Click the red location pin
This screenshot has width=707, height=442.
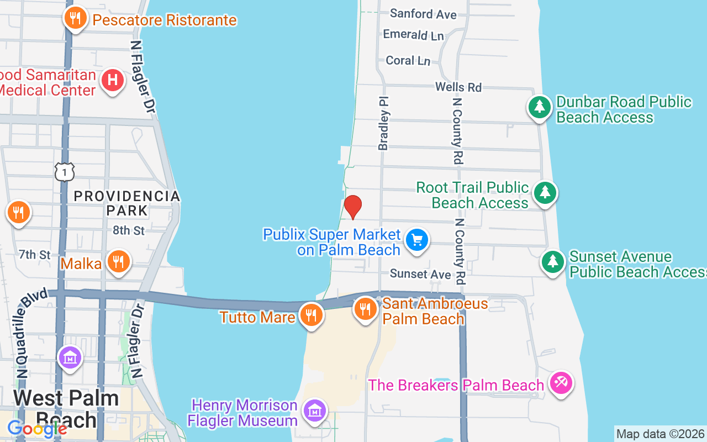352,207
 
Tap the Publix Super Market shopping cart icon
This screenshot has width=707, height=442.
417,240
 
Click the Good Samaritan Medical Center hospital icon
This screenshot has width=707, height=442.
112,80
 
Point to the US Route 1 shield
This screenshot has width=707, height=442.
65,172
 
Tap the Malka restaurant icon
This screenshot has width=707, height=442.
118,261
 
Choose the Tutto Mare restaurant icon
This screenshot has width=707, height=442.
312,315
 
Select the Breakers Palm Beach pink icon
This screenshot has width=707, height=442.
561,383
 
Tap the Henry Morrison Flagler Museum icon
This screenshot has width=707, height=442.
315,411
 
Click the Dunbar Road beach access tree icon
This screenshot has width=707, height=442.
540,106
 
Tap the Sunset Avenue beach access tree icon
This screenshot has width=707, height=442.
552,261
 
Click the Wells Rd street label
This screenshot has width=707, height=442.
458,87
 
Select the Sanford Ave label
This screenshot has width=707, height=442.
423,13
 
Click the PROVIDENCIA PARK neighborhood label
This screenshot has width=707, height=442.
127,203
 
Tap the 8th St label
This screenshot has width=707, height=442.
129,230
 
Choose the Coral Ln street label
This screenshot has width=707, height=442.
408,60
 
